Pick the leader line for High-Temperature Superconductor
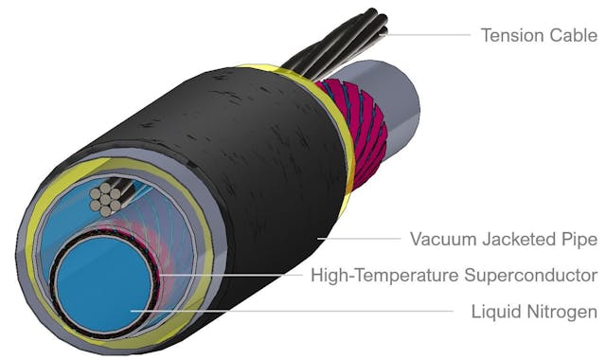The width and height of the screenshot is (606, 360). [x=237, y=276]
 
